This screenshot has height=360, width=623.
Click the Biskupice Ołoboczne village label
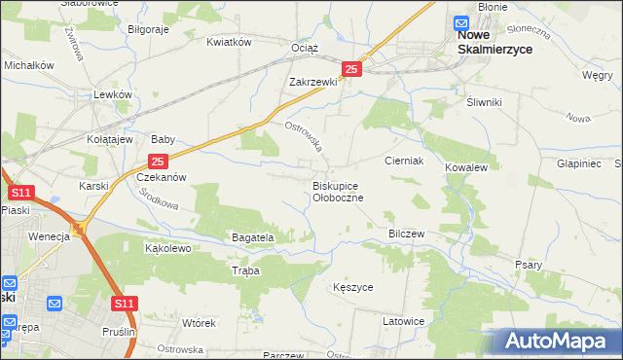pyautogui.click(x=338, y=191)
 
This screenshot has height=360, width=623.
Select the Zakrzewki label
pyautogui.click(x=312, y=83)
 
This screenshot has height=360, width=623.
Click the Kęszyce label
pyautogui.click(x=352, y=288)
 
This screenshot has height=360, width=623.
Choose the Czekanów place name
pyautogui.click(x=161, y=178)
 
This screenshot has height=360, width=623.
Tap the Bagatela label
pyautogui.click(x=253, y=237)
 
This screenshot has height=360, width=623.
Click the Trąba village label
pyautogui.click(x=245, y=271)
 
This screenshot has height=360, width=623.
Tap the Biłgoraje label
pyautogui.click(x=149, y=29)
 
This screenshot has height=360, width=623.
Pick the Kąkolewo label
pyautogui.click(x=167, y=248)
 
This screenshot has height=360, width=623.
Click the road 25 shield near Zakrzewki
pyautogui.click(x=352, y=69)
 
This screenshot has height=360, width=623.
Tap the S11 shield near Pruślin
pyautogui.click(x=124, y=305)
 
